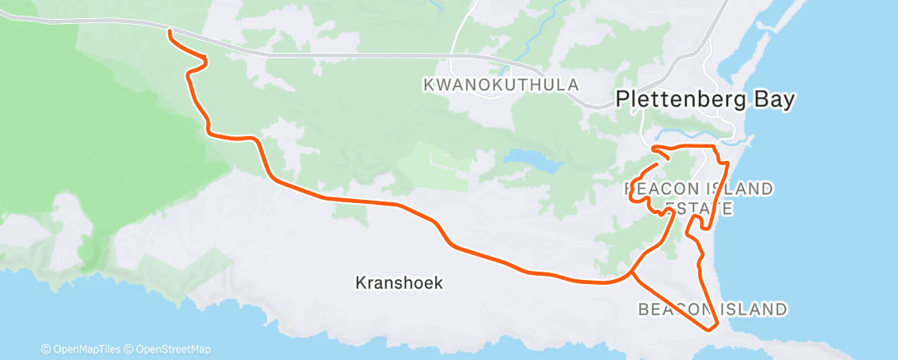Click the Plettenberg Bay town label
pyautogui.click(x=705, y=100)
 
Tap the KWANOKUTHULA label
pyautogui.click(x=500, y=85)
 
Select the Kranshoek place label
pyautogui.click(x=399, y=283)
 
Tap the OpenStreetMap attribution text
pyautogui.click(x=173, y=348)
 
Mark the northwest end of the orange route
pyautogui.click(x=170, y=31)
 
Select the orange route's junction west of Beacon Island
pyautogui.click(x=633, y=272)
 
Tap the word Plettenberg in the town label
pyautogui.click(x=683, y=100)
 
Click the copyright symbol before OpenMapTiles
pyautogui.click(x=47, y=348)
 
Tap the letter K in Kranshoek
pyautogui.click(x=361, y=283)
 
